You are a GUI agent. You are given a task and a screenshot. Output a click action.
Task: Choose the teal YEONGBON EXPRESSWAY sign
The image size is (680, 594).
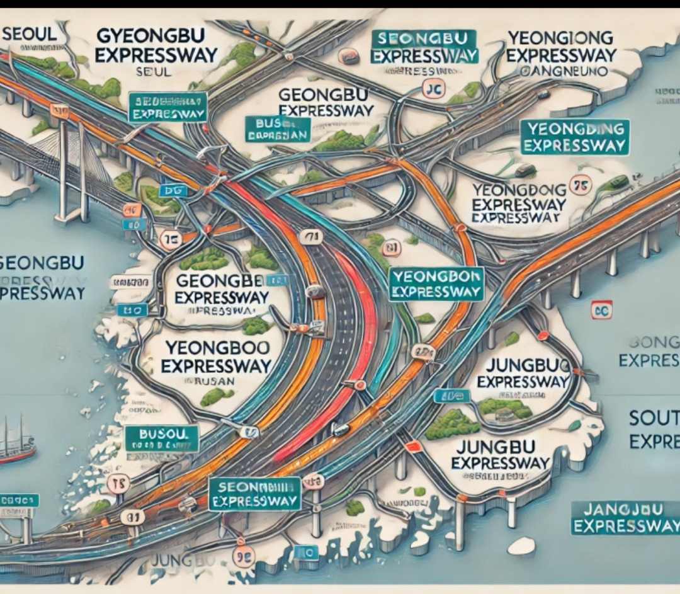coord(436,283)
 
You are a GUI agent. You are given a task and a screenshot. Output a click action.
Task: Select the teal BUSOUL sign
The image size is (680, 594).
coord(162,437)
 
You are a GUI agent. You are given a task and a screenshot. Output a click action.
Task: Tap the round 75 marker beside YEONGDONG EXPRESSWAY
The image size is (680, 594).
coord(580,185)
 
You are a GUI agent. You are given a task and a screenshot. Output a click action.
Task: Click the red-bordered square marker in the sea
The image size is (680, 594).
coord(601,309)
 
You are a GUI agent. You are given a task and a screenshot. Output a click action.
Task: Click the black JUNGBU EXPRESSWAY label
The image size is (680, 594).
coord(501,455)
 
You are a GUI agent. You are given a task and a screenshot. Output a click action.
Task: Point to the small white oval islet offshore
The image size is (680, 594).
coord(521,545)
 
